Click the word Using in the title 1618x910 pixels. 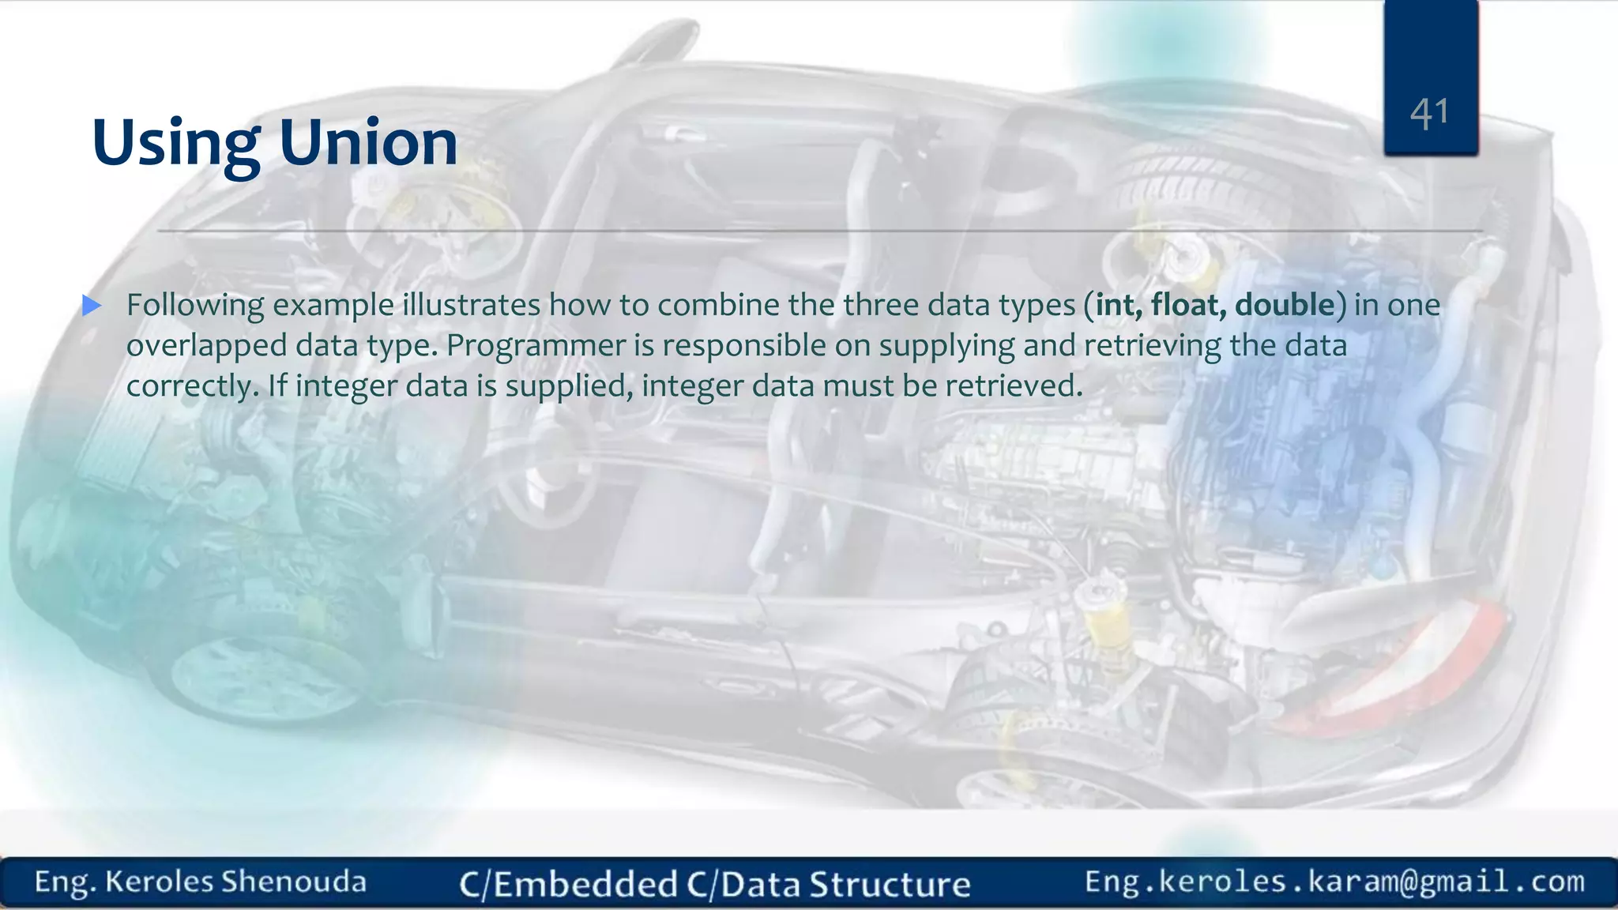coord(175,144)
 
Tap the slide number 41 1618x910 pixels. coord(1430,114)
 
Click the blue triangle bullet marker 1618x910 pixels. coord(92,306)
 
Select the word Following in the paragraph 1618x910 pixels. coord(195,306)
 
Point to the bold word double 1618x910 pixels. coord(1285,305)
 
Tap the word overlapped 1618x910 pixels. coord(206,346)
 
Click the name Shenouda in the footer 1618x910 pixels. coord(294,882)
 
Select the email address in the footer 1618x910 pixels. coord(1334,882)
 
